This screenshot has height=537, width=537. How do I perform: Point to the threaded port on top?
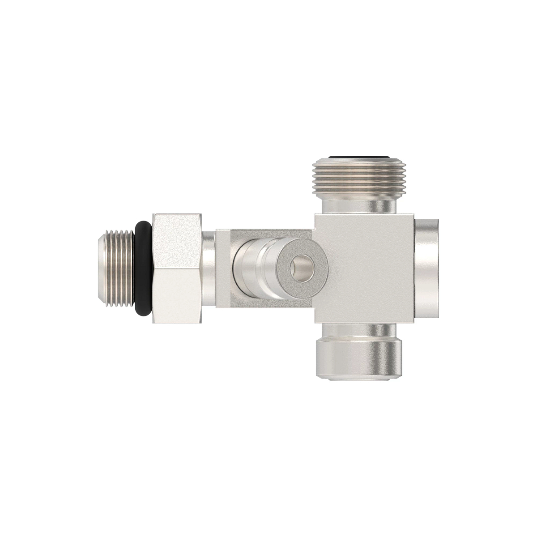(354, 179)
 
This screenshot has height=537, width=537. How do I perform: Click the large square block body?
(365, 268)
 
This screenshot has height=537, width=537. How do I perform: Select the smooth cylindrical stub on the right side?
(430, 268)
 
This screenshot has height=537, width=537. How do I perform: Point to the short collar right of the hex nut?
(209, 268)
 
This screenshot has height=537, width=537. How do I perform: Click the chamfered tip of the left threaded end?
(100, 268)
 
